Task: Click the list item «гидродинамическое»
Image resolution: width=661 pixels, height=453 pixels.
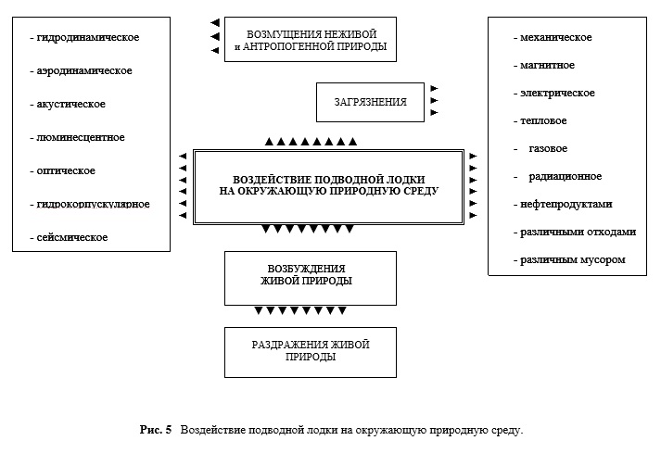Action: tap(88, 37)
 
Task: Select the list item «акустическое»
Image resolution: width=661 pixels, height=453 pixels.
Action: tap(70, 104)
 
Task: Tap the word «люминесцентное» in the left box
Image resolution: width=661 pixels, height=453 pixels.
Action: tap(81, 137)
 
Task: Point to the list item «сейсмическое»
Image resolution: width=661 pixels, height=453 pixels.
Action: tap(72, 237)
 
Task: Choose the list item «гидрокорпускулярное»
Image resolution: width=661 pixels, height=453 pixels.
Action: tap(93, 205)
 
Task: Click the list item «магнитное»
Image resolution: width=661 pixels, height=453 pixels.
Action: tap(547, 66)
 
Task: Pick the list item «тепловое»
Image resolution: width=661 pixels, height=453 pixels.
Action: tap(543, 121)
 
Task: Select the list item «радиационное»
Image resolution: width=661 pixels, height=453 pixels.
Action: tap(566, 177)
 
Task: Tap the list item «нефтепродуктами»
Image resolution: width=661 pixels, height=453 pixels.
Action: tap(566, 205)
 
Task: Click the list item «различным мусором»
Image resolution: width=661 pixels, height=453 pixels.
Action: tap(573, 260)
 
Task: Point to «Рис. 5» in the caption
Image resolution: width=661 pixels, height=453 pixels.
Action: tap(156, 430)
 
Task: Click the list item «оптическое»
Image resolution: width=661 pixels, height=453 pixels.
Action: tap(66, 171)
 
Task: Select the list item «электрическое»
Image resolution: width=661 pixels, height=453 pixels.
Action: tap(557, 94)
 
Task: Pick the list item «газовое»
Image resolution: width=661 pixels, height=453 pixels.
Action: tap(548, 149)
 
